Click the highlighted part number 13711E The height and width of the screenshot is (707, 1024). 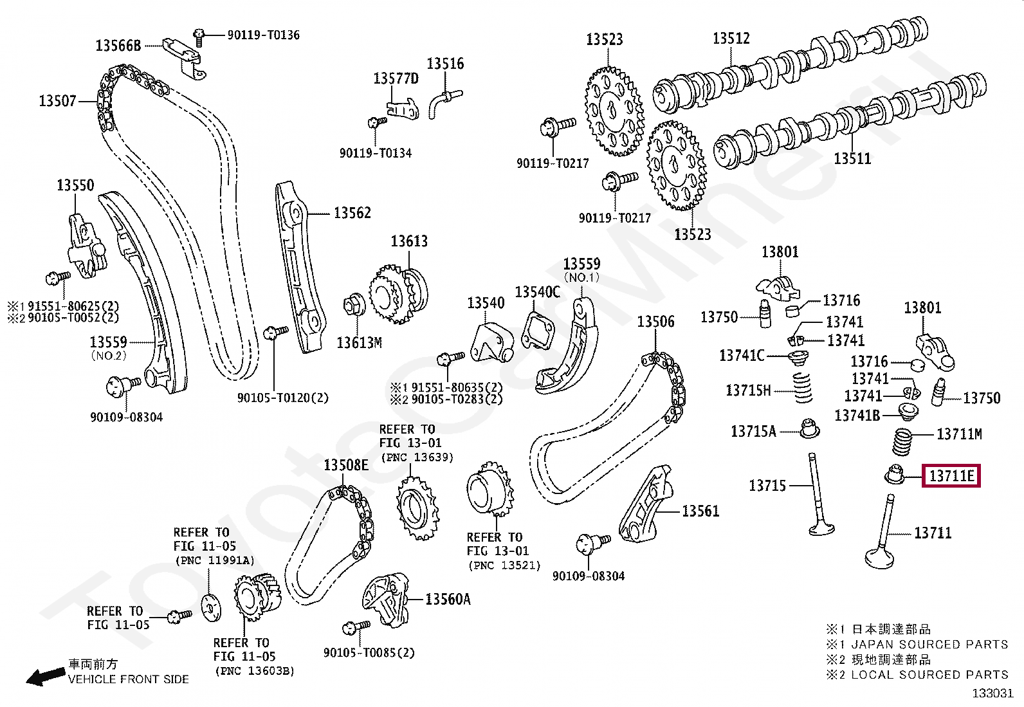[951, 476]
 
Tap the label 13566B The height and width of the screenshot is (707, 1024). [118, 46]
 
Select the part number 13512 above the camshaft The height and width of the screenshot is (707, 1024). [731, 39]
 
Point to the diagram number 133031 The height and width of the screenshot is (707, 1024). [992, 693]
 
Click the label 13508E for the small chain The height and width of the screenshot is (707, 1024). [345, 465]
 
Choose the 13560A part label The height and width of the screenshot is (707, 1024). [448, 600]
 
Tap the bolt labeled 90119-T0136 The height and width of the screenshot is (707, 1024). [199, 37]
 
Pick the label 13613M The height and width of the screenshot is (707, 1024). [359, 343]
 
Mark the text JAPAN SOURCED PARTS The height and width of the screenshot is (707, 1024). [929, 644]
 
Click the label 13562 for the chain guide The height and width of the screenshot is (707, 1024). [352, 213]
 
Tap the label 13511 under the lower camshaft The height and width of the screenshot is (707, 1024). [852, 158]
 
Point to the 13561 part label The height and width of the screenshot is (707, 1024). [700, 511]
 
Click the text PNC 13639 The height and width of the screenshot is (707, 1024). [417, 457]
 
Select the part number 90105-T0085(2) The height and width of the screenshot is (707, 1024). [369, 653]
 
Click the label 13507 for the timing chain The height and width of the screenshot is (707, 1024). [57, 101]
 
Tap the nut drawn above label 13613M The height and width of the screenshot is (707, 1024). [354, 303]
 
